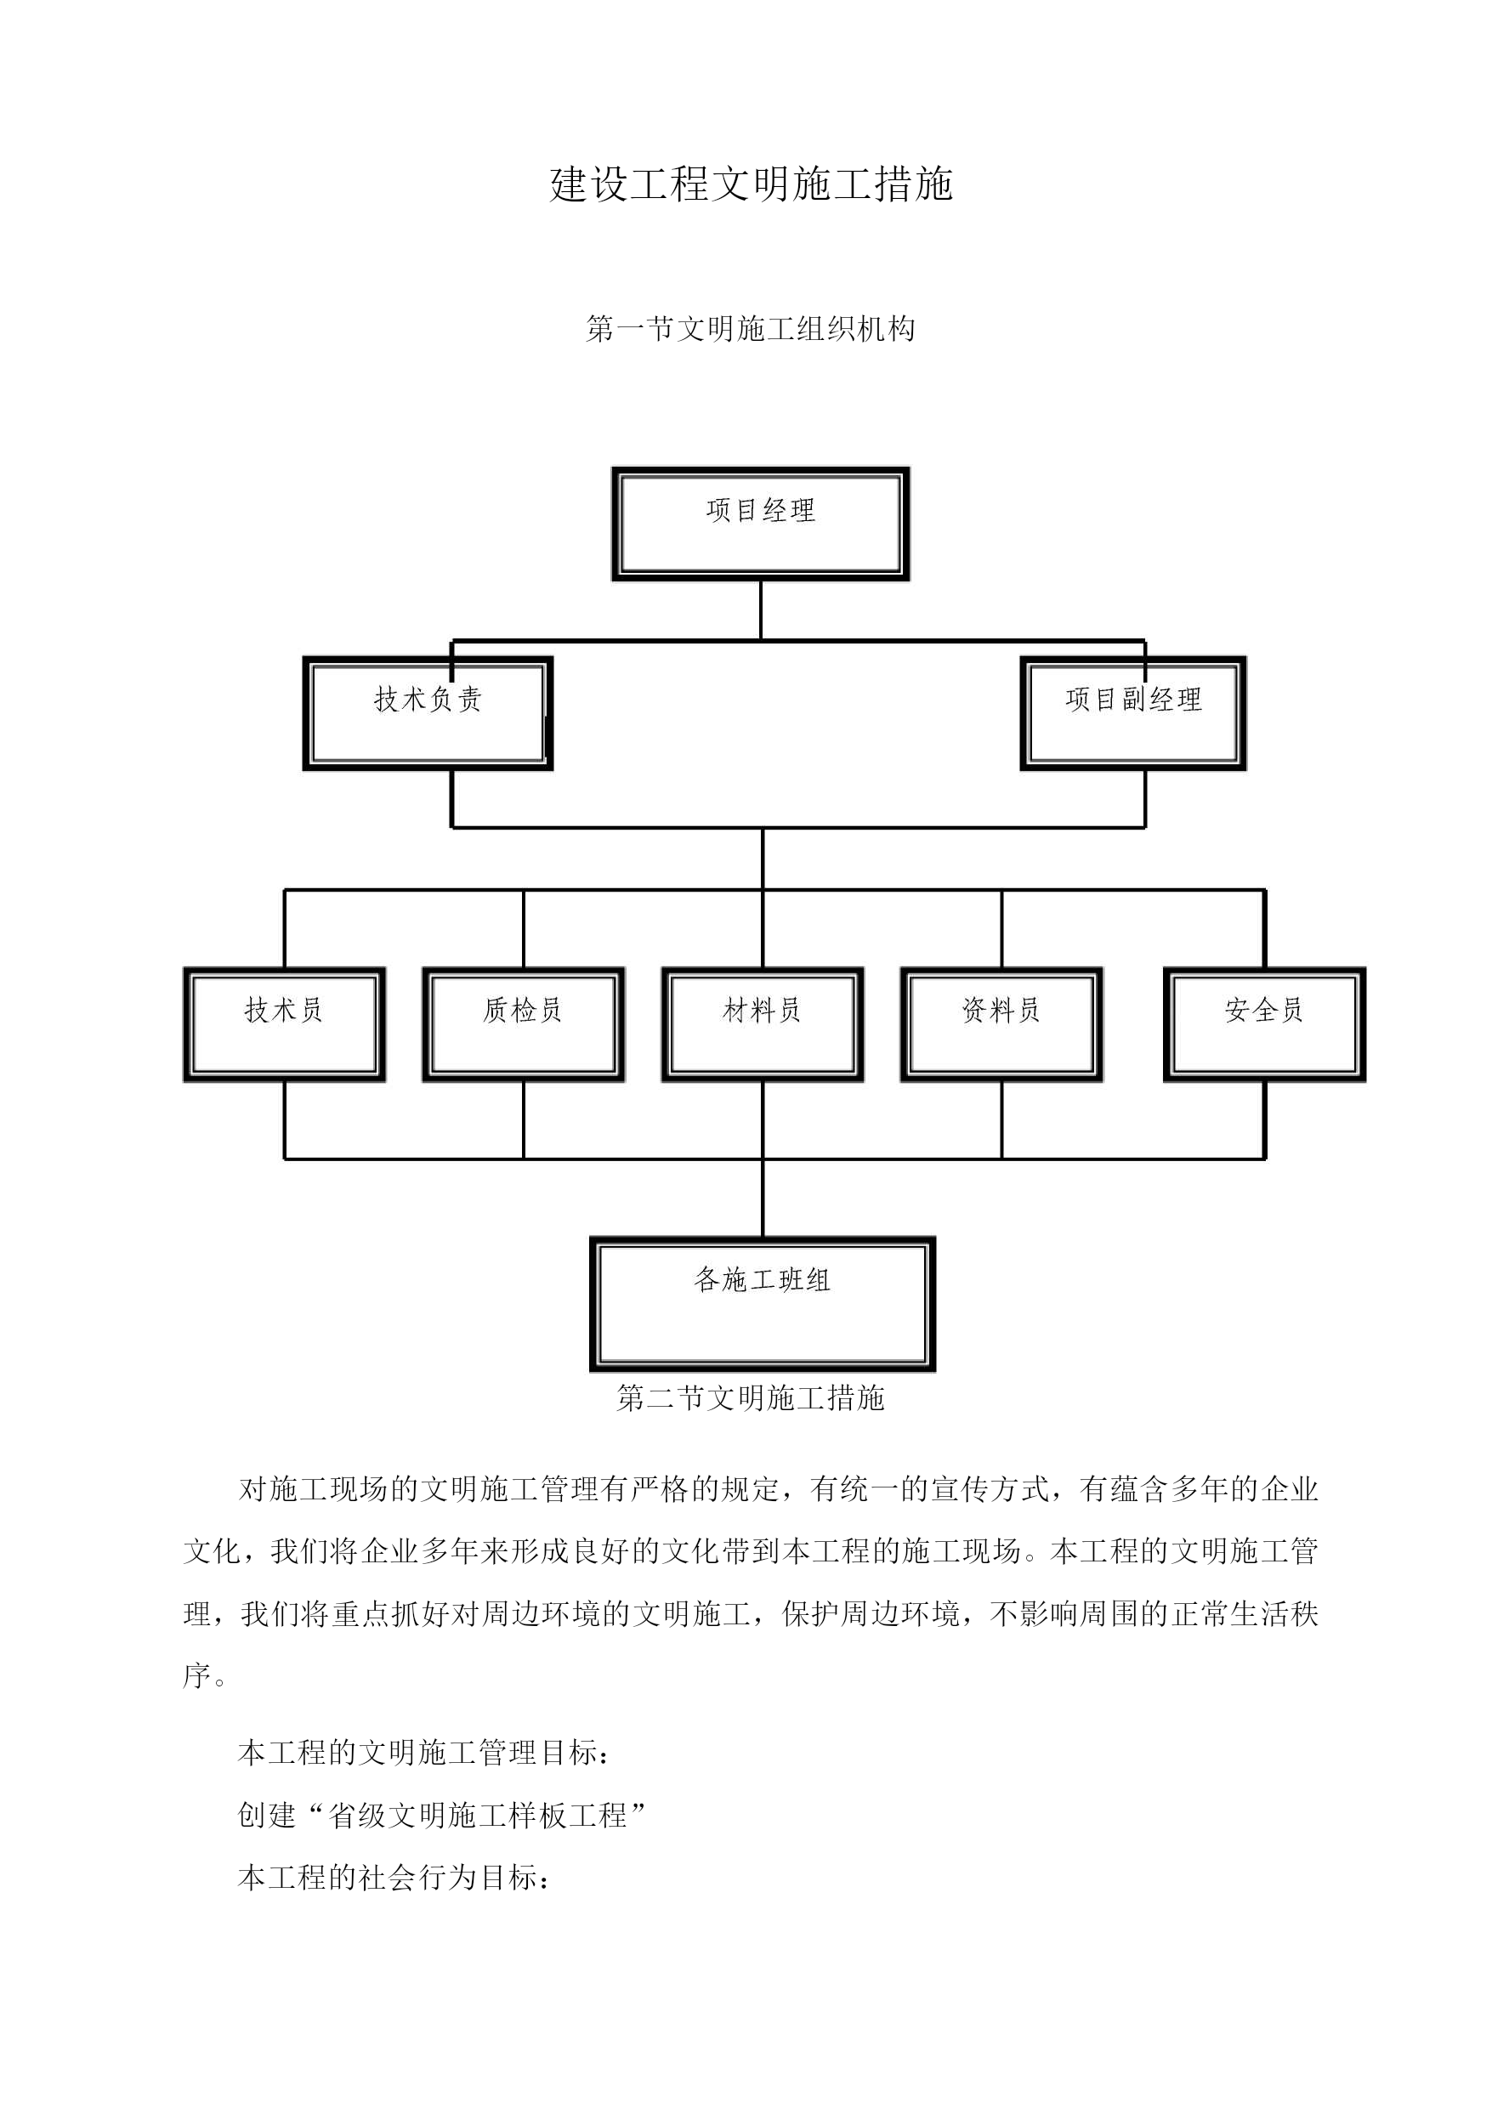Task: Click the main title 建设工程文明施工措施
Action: click(751, 184)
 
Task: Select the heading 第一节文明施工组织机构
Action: click(751, 329)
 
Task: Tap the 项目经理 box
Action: click(761, 524)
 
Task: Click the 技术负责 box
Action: click(428, 714)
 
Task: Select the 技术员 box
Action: click(284, 1024)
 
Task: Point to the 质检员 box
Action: click(524, 1024)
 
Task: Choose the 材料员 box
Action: click(763, 1024)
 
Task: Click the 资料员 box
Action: click(1001, 1024)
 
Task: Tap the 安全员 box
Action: click(1265, 1024)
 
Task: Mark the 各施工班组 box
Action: click(763, 1304)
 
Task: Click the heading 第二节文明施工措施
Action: click(751, 1398)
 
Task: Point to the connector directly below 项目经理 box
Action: click(761, 610)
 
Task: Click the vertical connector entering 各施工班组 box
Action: click(763, 1198)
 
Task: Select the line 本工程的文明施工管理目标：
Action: click(423, 1754)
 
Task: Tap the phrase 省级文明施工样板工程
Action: click(478, 1816)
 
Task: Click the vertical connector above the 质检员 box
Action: click(524, 928)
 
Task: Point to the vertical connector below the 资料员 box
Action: click(1001, 1120)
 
